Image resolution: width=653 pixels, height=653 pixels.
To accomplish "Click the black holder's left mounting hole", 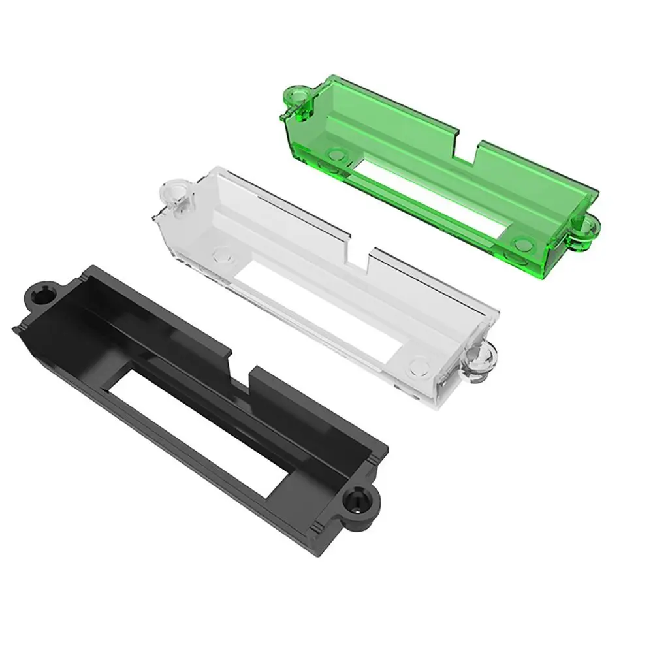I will (x=44, y=296).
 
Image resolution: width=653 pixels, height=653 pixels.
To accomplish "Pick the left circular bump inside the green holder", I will (x=338, y=155).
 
